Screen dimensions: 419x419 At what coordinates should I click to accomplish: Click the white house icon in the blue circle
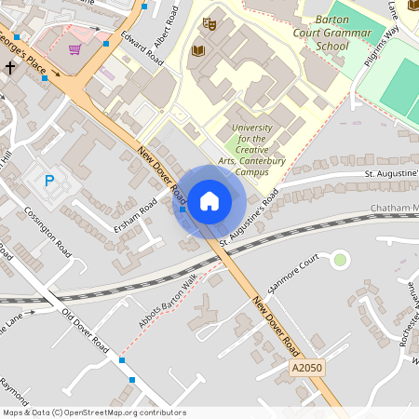tap(209, 200)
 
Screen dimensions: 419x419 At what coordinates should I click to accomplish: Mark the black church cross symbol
tap(11, 68)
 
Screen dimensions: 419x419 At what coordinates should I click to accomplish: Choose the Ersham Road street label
tap(134, 221)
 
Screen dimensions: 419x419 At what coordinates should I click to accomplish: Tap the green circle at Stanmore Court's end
tap(340, 260)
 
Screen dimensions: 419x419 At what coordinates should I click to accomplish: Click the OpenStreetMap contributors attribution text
tap(93, 412)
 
